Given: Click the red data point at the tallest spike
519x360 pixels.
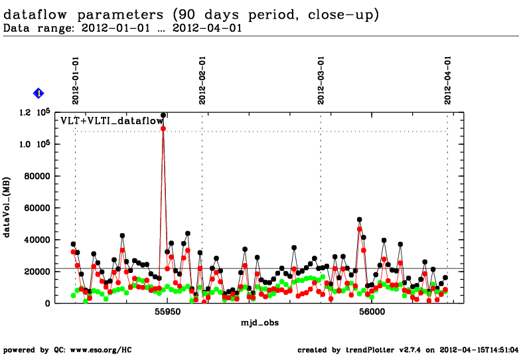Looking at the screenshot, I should (x=163, y=128).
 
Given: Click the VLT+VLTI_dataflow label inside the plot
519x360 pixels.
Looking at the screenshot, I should (x=111, y=121).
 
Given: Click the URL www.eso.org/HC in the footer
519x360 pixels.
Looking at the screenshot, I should (x=90, y=349).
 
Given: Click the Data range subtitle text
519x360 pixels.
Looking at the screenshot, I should (x=123, y=28).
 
